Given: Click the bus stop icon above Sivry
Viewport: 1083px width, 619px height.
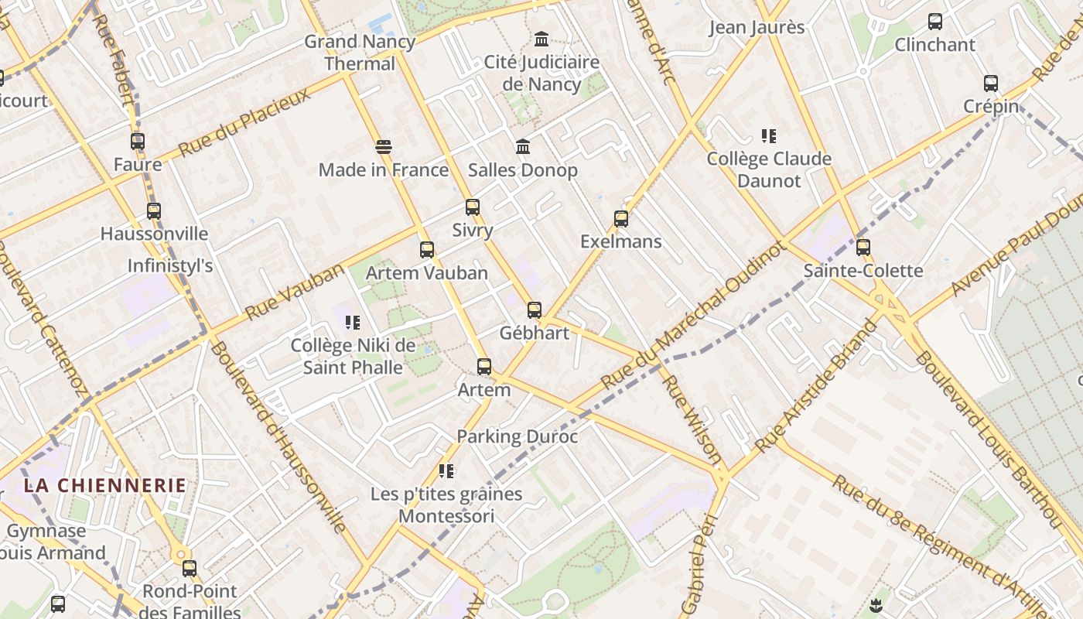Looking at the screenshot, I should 473,207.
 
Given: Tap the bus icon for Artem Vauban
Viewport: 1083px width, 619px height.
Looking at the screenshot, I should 427,250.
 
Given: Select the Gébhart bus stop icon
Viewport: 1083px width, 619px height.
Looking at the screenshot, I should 535,310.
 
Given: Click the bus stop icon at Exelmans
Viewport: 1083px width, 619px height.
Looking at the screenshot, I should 621,219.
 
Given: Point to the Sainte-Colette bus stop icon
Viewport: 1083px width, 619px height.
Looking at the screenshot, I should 863,248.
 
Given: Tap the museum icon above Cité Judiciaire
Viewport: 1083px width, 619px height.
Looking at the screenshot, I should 541,39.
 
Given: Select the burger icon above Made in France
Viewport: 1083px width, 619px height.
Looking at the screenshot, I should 384,147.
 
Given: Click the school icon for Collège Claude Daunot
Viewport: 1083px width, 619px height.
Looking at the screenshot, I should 768,136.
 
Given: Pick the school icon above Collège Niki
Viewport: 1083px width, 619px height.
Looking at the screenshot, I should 353,323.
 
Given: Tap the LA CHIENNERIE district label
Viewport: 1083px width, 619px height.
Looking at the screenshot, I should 104,486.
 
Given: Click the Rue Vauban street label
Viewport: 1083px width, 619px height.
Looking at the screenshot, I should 294,292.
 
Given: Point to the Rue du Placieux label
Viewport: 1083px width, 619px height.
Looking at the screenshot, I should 244,121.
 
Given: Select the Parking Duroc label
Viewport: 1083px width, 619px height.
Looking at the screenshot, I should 517,436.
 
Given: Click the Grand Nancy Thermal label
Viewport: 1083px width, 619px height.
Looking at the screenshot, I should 360,53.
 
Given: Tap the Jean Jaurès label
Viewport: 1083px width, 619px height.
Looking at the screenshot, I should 757,28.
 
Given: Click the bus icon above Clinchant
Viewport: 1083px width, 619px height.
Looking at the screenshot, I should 935,22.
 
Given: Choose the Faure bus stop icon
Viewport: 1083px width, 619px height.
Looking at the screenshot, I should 138,142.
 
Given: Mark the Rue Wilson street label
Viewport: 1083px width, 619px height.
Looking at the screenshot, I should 692,419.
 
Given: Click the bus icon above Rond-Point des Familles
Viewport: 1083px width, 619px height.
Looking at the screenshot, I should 190,569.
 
